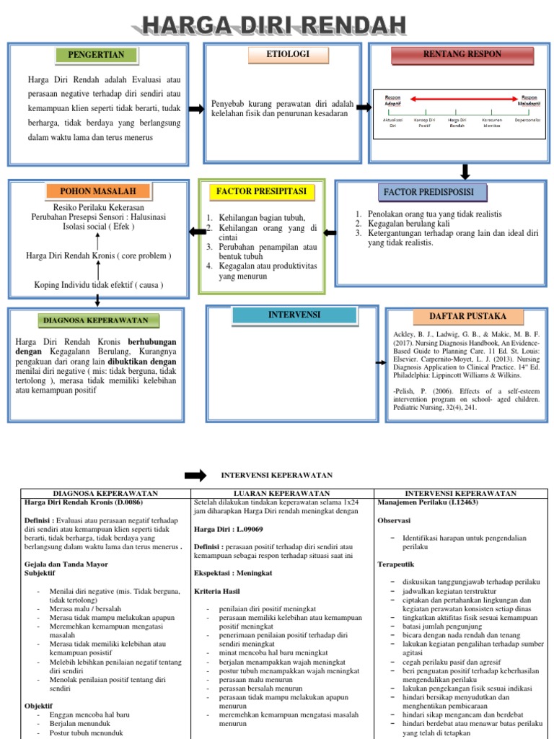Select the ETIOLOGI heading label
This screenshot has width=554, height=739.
[x=278, y=54]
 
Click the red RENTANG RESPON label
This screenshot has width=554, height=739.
[x=452, y=54]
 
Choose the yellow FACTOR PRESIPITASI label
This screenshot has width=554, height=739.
[x=261, y=191]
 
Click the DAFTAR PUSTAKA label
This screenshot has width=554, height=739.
[x=457, y=316]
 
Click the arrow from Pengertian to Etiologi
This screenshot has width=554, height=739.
[x=196, y=109]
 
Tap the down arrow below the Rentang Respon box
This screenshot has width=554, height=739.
[x=465, y=172]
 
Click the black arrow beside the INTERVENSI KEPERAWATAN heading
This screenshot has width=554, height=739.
[x=195, y=475]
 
